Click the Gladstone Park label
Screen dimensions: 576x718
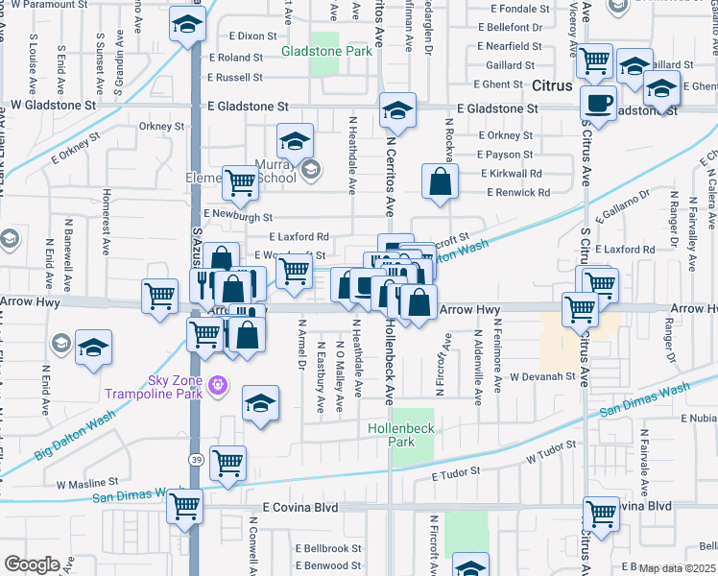[x=326, y=52]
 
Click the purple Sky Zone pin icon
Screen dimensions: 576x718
[x=219, y=385]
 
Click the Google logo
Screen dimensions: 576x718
[x=32, y=564]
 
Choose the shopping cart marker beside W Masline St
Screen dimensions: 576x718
[x=228, y=463]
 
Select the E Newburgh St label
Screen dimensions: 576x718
[x=238, y=217]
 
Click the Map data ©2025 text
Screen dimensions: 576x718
[x=677, y=568]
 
